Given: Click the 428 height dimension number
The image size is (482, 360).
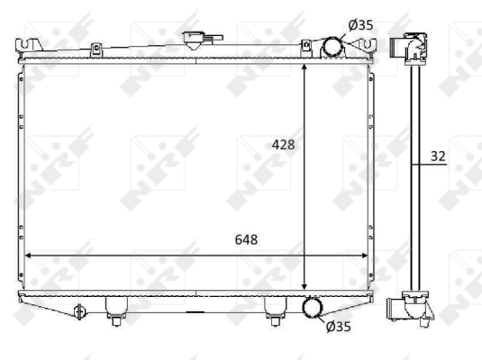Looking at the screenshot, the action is (x=283, y=145).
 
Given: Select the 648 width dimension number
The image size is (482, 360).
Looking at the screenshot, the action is (x=246, y=239).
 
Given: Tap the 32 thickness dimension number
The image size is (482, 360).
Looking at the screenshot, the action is (x=438, y=157).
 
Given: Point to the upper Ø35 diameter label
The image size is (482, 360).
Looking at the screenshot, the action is (x=360, y=25).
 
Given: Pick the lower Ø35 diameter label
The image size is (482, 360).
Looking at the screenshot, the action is (x=338, y=327).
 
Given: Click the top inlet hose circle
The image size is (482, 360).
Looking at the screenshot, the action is (x=332, y=47).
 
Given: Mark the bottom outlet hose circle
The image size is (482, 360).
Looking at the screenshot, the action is (x=313, y=308).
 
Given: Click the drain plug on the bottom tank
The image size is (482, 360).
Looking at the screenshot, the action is (x=79, y=311).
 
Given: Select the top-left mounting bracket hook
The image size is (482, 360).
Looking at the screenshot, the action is (x=29, y=46).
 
